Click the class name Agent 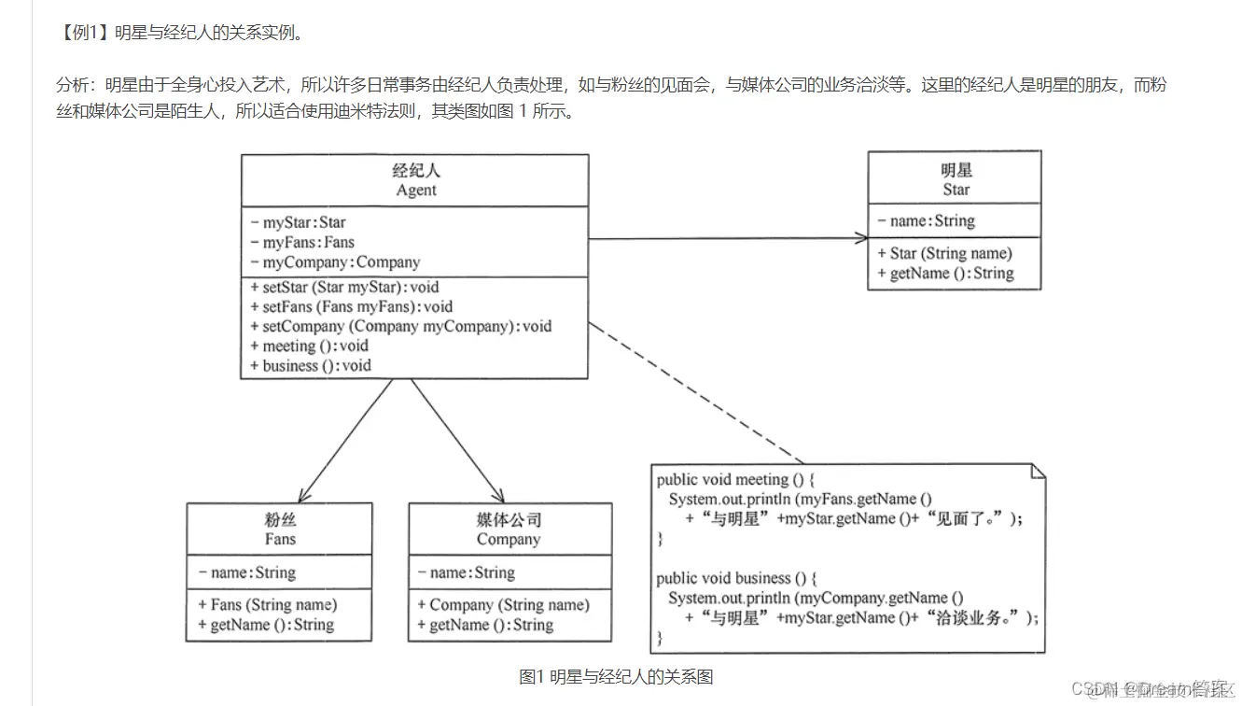[415, 191]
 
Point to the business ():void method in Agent [315, 366]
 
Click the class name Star [956, 190]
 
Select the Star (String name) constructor [950, 253]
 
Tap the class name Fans [279, 540]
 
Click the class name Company [509, 540]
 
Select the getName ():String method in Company [491, 626]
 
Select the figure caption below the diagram [616, 677]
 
